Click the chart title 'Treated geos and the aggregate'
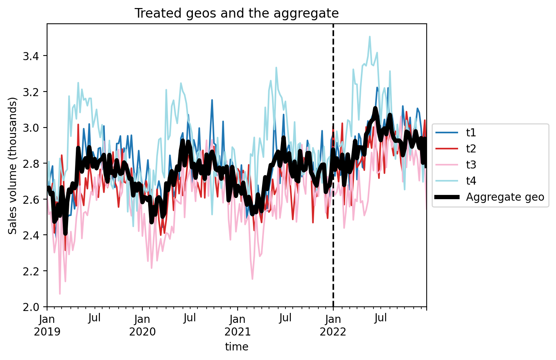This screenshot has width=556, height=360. [236, 13]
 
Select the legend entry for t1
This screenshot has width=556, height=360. [456, 133]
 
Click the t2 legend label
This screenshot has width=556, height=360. [471, 149]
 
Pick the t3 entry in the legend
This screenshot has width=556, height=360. [456, 164]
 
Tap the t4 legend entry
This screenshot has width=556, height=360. [456, 181]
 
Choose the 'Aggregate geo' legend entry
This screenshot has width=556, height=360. [489, 197]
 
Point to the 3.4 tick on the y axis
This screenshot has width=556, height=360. [31, 56]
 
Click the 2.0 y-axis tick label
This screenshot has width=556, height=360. [31, 307]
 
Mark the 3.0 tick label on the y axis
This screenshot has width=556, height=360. [31, 128]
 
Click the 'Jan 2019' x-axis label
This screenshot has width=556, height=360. [47, 326]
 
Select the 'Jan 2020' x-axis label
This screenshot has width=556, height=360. [142, 326]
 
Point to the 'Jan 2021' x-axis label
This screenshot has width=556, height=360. [238, 326]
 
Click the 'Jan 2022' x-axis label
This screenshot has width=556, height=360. [333, 326]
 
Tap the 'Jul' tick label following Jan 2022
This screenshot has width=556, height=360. [380, 318]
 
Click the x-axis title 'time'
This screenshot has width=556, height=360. [236, 347]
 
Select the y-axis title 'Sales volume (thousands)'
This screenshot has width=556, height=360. [12, 166]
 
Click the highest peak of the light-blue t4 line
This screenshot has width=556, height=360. [370, 37]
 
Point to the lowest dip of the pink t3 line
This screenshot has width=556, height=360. [60, 294]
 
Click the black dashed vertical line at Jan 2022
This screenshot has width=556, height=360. [333, 165]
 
